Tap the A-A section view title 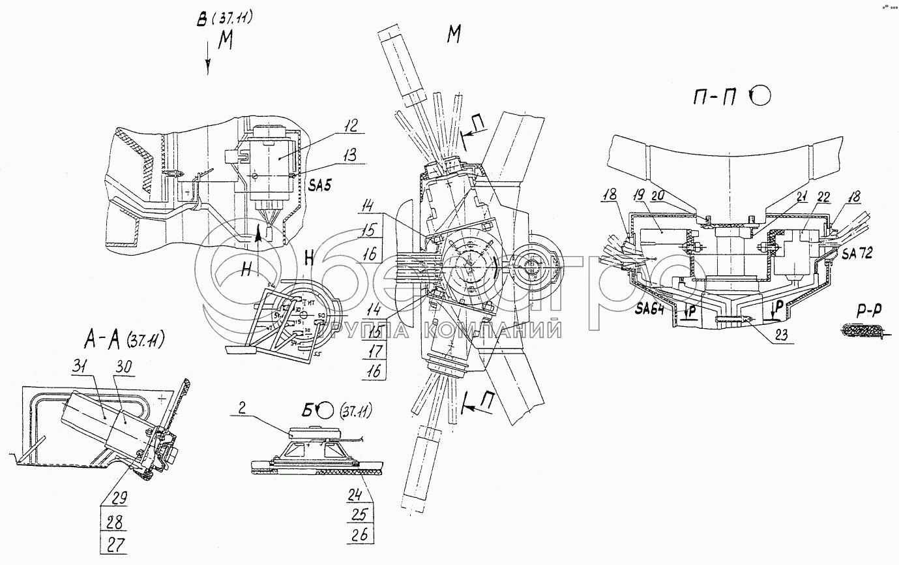click(123, 339)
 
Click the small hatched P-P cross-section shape click(861, 333)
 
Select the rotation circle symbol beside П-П click(761, 97)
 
